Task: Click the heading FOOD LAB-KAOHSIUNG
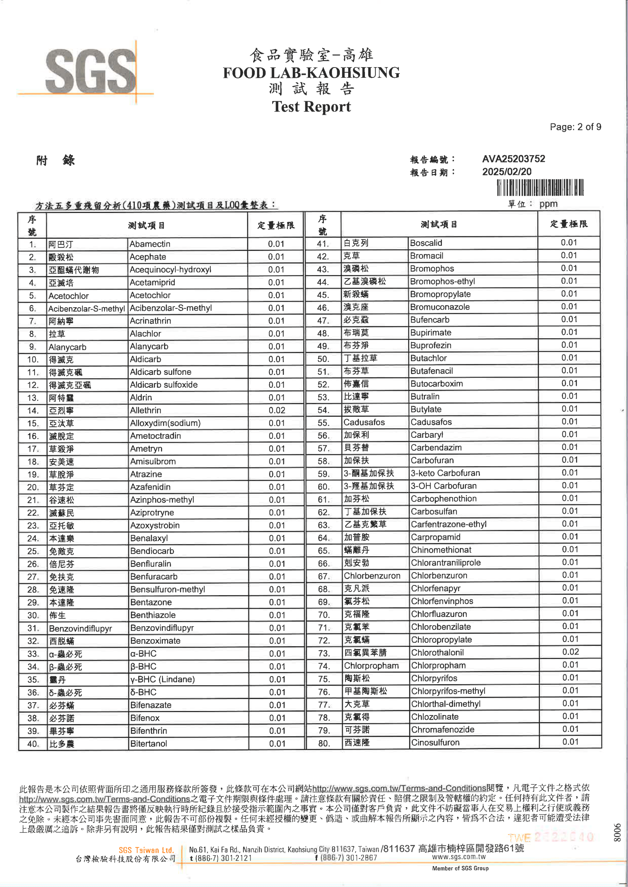click(x=311, y=72)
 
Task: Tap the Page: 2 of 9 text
click(x=575, y=127)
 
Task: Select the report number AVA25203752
click(x=513, y=159)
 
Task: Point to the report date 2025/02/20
click(x=507, y=171)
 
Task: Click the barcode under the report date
click(x=540, y=188)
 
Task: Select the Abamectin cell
click(x=150, y=244)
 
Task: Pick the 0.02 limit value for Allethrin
click(x=276, y=410)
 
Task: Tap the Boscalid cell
click(x=426, y=243)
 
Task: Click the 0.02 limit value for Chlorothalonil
click(x=570, y=652)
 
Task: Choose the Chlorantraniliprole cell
click(x=445, y=563)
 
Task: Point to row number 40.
click(x=33, y=744)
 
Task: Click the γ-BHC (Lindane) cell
click(x=163, y=679)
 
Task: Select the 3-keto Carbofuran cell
click(x=445, y=473)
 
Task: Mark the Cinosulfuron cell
click(x=435, y=742)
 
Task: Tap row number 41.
click(x=323, y=244)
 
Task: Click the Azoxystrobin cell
click(x=155, y=525)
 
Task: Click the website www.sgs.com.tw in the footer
click(x=459, y=857)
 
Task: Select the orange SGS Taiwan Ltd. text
click(x=146, y=850)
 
